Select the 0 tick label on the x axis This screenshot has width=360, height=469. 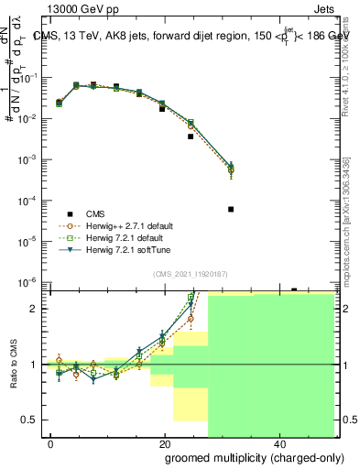[50, 442]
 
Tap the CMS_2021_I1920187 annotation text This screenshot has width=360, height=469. [191, 274]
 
